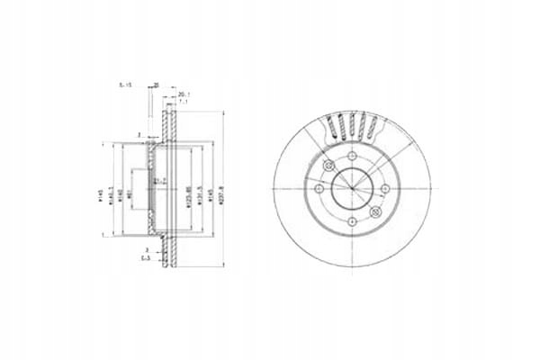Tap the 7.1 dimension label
click(x=184, y=101)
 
